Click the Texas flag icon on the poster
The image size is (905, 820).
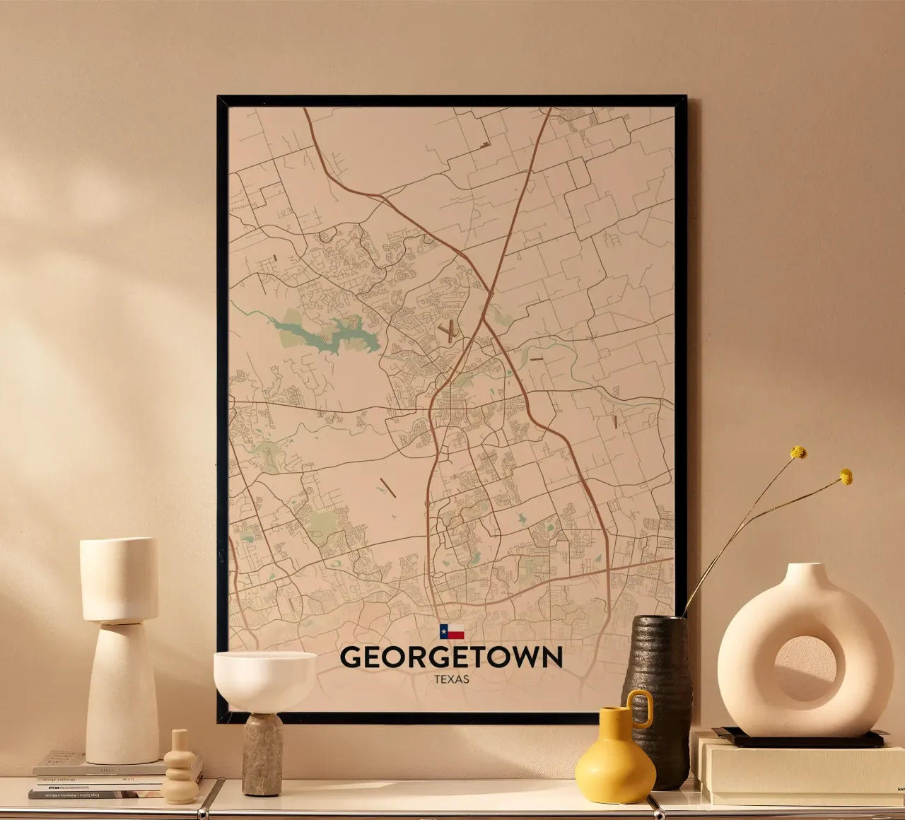[451, 632]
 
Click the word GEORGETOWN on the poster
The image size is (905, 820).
[451, 657]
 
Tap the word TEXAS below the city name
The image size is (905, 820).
[452, 679]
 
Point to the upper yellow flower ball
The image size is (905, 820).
[798, 452]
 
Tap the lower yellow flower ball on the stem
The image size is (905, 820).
[846, 476]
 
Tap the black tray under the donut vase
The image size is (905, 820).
[799, 739]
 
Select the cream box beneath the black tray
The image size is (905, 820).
[799, 771]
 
